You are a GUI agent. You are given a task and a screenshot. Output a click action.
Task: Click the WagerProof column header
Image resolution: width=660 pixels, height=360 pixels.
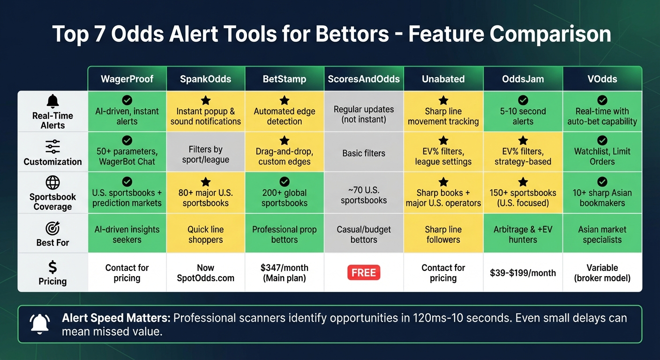127,79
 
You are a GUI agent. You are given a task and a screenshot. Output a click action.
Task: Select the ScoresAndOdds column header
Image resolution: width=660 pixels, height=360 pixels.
364,79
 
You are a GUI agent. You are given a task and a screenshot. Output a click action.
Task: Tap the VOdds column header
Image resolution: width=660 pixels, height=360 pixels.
602,79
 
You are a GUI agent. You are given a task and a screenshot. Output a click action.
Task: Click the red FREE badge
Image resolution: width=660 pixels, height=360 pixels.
364,273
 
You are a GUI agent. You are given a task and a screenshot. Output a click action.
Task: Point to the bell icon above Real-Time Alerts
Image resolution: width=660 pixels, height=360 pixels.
52,101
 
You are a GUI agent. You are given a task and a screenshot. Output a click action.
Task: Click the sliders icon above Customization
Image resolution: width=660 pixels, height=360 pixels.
52,147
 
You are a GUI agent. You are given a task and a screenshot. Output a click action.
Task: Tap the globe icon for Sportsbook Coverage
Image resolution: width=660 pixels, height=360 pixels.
52,183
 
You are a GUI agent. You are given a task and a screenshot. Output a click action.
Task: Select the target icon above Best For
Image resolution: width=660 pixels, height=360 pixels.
52,228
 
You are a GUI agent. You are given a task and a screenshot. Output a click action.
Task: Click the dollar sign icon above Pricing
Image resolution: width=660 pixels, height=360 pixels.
52,267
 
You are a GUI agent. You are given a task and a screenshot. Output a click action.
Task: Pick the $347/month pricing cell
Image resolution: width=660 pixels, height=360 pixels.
285,273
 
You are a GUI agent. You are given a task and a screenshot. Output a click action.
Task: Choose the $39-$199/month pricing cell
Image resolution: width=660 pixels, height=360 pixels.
523,273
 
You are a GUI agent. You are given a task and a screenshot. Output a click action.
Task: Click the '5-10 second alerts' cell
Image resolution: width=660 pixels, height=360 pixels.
523,116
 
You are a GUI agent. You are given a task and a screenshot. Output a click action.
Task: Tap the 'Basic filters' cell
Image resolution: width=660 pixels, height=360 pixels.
364,153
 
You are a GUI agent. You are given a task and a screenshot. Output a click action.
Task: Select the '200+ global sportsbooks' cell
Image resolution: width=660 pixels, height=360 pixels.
285,198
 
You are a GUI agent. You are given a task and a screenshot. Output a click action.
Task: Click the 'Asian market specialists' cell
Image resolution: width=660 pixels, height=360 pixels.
602,234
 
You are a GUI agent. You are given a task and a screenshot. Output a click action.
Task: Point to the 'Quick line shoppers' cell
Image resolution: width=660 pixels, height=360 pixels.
205,234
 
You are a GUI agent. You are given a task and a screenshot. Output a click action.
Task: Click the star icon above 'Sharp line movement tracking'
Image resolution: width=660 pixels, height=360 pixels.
443,100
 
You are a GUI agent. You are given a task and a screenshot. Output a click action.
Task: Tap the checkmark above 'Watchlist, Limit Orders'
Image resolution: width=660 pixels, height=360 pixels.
602,140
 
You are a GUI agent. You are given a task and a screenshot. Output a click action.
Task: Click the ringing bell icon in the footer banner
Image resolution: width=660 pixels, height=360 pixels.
39,324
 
